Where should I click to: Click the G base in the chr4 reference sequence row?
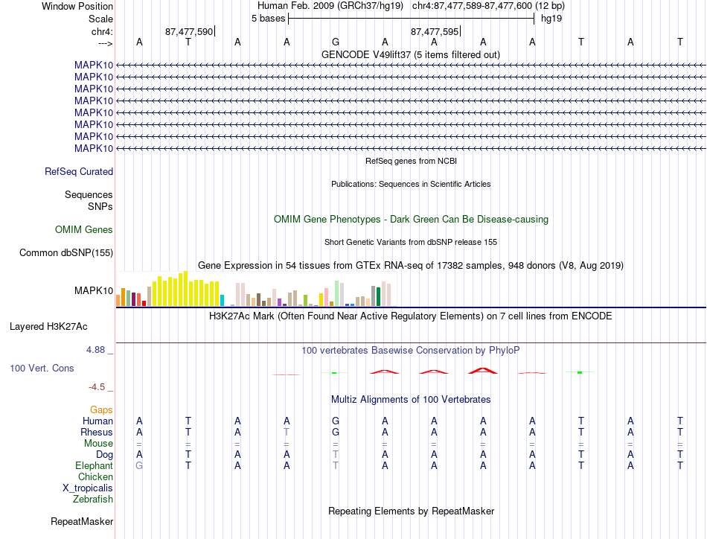(336, 42)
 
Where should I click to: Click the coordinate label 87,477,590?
(189, 31)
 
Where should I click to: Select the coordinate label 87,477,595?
(434, 31)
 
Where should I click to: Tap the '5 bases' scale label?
(268, 19)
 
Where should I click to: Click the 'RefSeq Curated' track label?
(79, 171)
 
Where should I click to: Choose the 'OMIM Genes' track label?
(84, 229)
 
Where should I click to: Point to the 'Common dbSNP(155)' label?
(66, 252)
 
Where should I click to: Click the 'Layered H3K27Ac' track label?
(48, 327)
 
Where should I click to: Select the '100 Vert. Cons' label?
(42, 368)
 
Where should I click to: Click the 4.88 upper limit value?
(95, 350)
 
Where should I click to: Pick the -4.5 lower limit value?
(97, 387)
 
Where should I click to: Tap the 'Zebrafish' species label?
(93, 500)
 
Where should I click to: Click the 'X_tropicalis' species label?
(88, 488)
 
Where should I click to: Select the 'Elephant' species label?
(95, 465)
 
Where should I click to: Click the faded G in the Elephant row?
(139, 465)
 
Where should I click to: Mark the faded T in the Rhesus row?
(287, 432)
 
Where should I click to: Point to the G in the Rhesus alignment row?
(336, 432)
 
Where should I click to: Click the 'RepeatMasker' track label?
(82, 521)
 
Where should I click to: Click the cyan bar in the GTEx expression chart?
(222, 301)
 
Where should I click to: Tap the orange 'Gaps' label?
(101, 409)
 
